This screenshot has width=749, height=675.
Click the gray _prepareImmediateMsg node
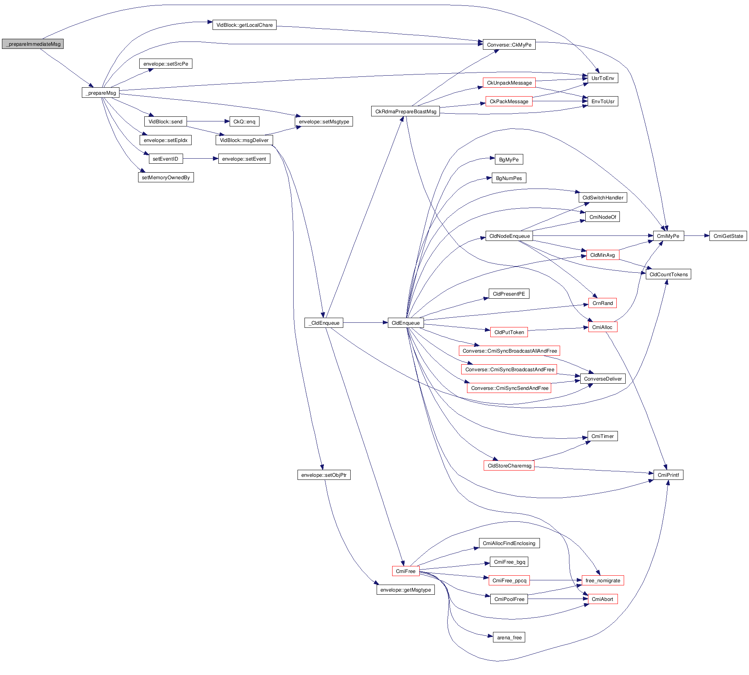click(x=33, y=44)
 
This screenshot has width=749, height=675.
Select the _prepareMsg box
click(x=100, y=93)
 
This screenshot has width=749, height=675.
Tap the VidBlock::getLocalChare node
click(x=244, y=25)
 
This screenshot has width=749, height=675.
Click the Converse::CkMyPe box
click(x=509, y=45)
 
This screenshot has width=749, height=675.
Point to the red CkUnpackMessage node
click(x=509, y=83)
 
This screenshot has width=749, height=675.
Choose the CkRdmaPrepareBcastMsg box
click(x=405, y=111)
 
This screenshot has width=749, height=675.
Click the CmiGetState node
click(x=728, y=236)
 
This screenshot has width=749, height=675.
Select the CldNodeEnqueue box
click(x=509, y=236)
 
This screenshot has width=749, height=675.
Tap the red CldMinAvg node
click(x=602, y=255)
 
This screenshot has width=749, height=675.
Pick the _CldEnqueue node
click(x=324, y=323)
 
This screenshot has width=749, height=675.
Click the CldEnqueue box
click(x=405, y=323)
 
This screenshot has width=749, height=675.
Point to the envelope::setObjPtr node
click(x=324, y=475)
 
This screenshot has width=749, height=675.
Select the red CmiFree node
click(x=405, y=571)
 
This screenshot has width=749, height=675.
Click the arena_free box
click(x=509, y=637)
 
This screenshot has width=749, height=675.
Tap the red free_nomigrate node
click(x=602, y=580)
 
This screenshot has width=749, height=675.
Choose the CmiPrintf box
click(x=668, y=475)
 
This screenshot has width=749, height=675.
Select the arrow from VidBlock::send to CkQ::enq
click(x=208, y=121)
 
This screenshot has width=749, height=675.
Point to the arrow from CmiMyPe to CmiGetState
click(x=697, y=236)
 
